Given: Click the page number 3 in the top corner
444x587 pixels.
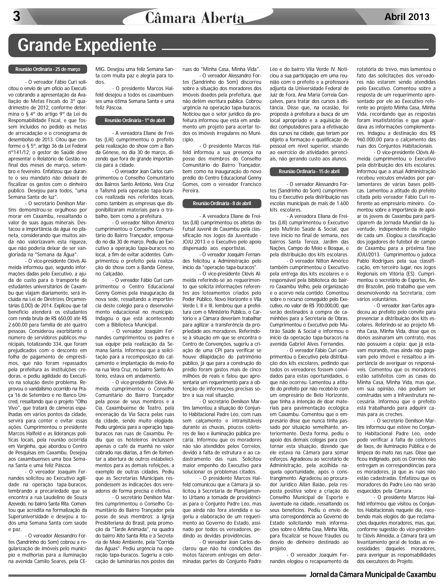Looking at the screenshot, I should point(16,16).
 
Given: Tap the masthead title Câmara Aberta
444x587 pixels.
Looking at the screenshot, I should point(194,18).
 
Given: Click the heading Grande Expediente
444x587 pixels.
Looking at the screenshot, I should point(87,45).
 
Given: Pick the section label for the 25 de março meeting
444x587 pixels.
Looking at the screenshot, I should point(48,69).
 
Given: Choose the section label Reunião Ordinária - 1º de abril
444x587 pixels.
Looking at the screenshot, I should point(135,120).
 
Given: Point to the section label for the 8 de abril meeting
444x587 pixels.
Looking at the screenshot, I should point(222,203).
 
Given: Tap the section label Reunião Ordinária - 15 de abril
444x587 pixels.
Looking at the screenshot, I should point(309,171).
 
